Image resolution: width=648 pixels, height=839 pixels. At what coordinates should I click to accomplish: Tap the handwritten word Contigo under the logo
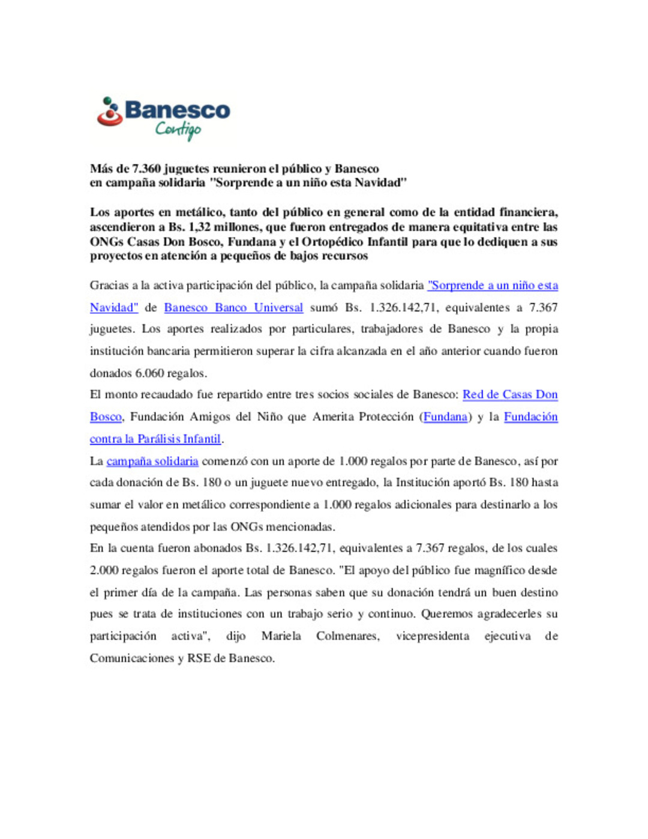(x=178, y=129)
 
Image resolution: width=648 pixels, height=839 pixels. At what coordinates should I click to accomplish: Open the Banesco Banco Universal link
(x=233, y=307)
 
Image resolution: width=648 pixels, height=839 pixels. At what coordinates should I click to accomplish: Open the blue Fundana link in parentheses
(x=445, y=416)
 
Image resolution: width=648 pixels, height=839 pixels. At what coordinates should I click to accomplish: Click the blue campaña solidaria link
(x=152, y=461)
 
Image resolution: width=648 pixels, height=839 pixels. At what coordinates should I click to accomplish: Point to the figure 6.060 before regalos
(x=149, y=373)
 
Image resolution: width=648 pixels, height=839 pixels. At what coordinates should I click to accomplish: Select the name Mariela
(x=281, y=636)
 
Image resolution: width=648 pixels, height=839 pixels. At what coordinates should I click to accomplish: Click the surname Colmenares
(x=348, y=636)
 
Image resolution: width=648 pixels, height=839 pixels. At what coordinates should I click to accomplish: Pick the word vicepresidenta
(x=433, y=636)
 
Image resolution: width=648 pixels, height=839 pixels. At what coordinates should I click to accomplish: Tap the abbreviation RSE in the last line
(x=199, y=658)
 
